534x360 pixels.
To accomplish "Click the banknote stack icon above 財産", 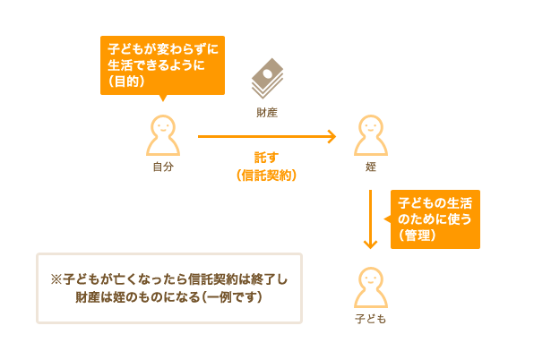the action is [x=267, y=79].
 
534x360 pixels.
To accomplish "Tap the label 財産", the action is [x=267, y=113].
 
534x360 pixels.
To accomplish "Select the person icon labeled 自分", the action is [x=163, y=135].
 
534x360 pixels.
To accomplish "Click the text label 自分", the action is [x=163, y=167].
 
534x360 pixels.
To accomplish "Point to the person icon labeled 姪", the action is [x=371, y=135].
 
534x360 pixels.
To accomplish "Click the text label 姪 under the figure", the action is [x=371, y=167].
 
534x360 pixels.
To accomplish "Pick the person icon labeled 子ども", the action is [x=371, y=287].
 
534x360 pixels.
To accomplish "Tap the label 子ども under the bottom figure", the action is [x=371, y=319].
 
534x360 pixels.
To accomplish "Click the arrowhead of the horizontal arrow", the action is [x=332, y=136].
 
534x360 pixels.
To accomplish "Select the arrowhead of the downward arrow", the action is [x=371, y=244].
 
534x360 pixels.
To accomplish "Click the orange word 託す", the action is [x=267, y=158].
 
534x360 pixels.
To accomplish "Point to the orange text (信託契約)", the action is [x=267, y=176].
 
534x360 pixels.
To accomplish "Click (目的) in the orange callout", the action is [x=126, y=81].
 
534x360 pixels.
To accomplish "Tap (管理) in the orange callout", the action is [x=418, y=236].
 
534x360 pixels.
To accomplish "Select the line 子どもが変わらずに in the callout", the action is [x=163, y=49].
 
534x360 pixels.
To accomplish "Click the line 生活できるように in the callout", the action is [x=156, y=65].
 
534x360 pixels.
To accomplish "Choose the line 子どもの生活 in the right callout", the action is [x=435, y=203].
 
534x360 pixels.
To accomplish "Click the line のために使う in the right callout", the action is [x=435, y=219].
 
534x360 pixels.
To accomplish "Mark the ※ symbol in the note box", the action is [x=56, y=279].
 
